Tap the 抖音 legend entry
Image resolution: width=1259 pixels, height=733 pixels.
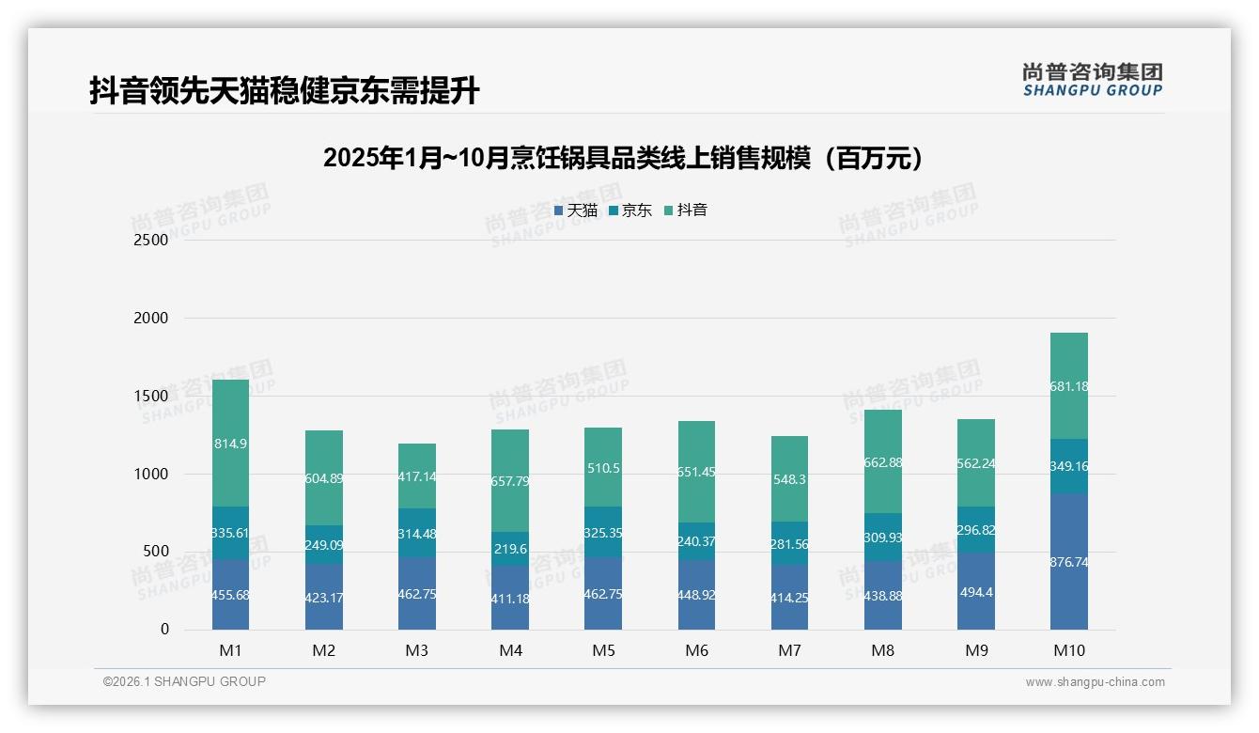point(686,211)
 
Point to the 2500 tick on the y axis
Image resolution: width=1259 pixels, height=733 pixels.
point(150,241)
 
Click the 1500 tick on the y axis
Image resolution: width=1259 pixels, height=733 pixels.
point(150,397)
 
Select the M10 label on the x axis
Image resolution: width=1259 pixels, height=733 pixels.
point(1068,650)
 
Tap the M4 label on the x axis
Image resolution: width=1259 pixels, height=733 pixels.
point(510,650)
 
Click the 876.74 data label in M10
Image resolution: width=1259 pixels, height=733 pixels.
point(1068,562)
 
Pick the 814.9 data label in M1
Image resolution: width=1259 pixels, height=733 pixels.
point(230,444)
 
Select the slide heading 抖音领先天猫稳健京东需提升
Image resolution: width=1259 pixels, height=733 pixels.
point(285,91)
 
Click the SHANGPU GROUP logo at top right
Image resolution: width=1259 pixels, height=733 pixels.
point(1092,80)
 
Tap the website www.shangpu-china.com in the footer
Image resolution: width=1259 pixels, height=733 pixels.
point(1095,682)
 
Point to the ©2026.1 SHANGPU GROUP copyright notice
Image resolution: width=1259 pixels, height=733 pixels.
point(184,681)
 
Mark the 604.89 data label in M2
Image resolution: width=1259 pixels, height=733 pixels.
point(324,478)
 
